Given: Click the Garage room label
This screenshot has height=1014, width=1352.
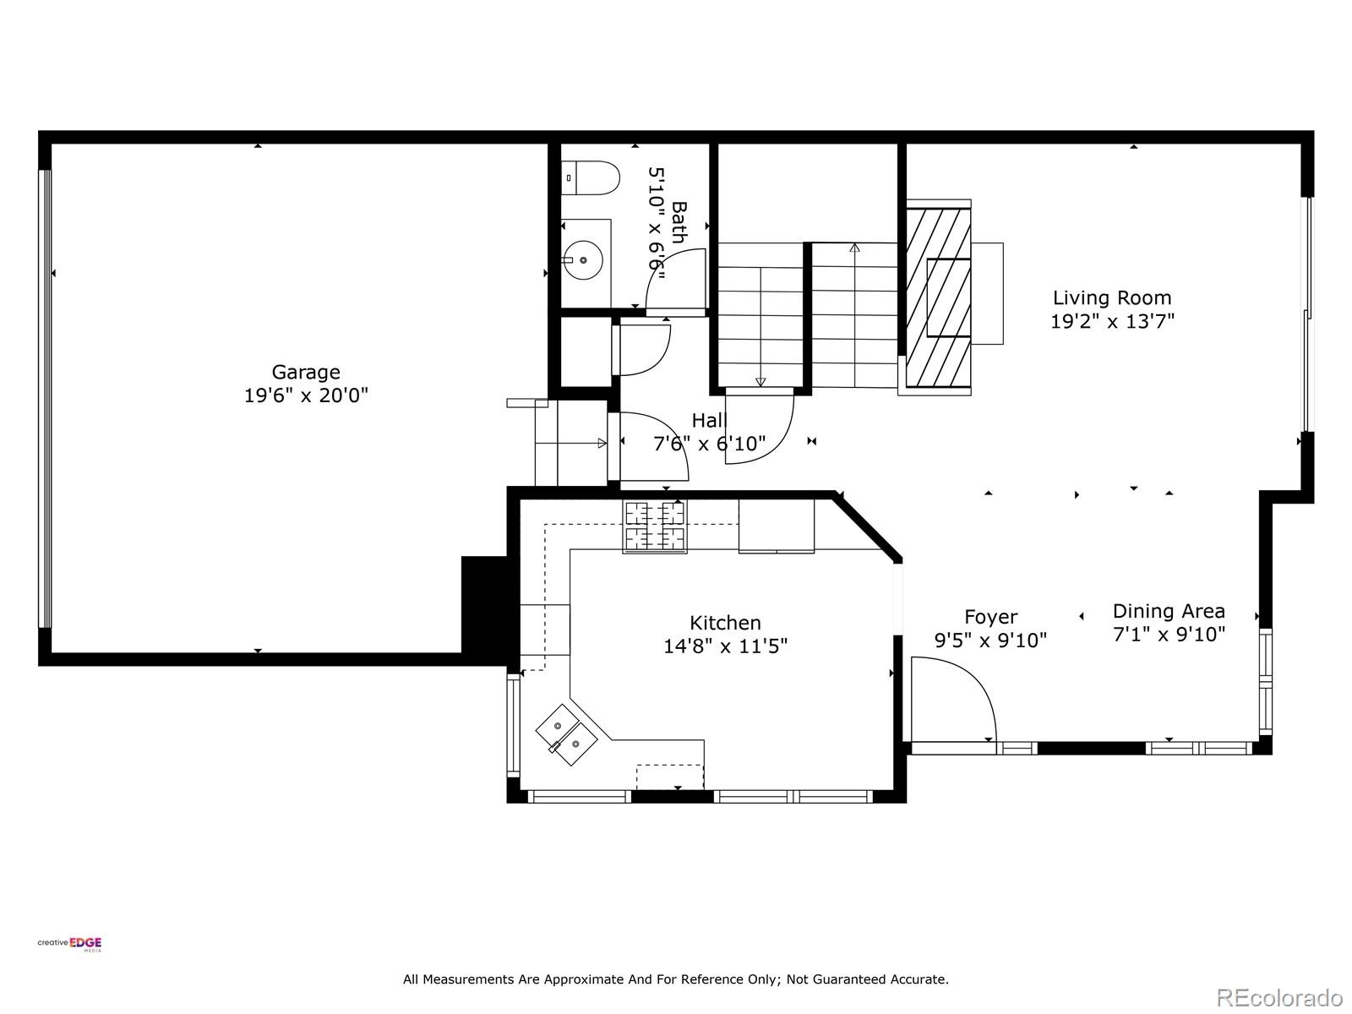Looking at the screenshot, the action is point(306,372).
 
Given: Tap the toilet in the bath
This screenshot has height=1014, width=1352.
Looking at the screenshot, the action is point(590,178).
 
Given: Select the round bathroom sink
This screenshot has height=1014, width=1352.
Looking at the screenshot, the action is point(583,260).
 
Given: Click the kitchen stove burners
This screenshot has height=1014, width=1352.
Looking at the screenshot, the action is point(655,526).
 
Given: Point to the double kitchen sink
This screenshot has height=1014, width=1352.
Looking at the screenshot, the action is point(566,734).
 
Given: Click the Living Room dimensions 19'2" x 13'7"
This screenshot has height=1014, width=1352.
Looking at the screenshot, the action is point(1112,321).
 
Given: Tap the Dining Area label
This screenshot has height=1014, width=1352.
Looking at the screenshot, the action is point(1169,611).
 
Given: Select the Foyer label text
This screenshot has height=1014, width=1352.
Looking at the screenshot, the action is point(990,617).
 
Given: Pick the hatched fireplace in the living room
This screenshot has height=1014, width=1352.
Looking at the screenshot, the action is point(938,297).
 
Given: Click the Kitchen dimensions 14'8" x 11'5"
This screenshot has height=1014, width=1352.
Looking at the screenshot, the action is point(725,646).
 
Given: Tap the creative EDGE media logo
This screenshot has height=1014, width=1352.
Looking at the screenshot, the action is point(69,944).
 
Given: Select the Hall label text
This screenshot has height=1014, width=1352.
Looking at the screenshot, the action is point(709,421).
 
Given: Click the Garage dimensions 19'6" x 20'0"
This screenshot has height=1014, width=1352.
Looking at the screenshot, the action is point(306,395).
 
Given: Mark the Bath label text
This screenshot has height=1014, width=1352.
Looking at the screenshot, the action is point(679,223).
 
